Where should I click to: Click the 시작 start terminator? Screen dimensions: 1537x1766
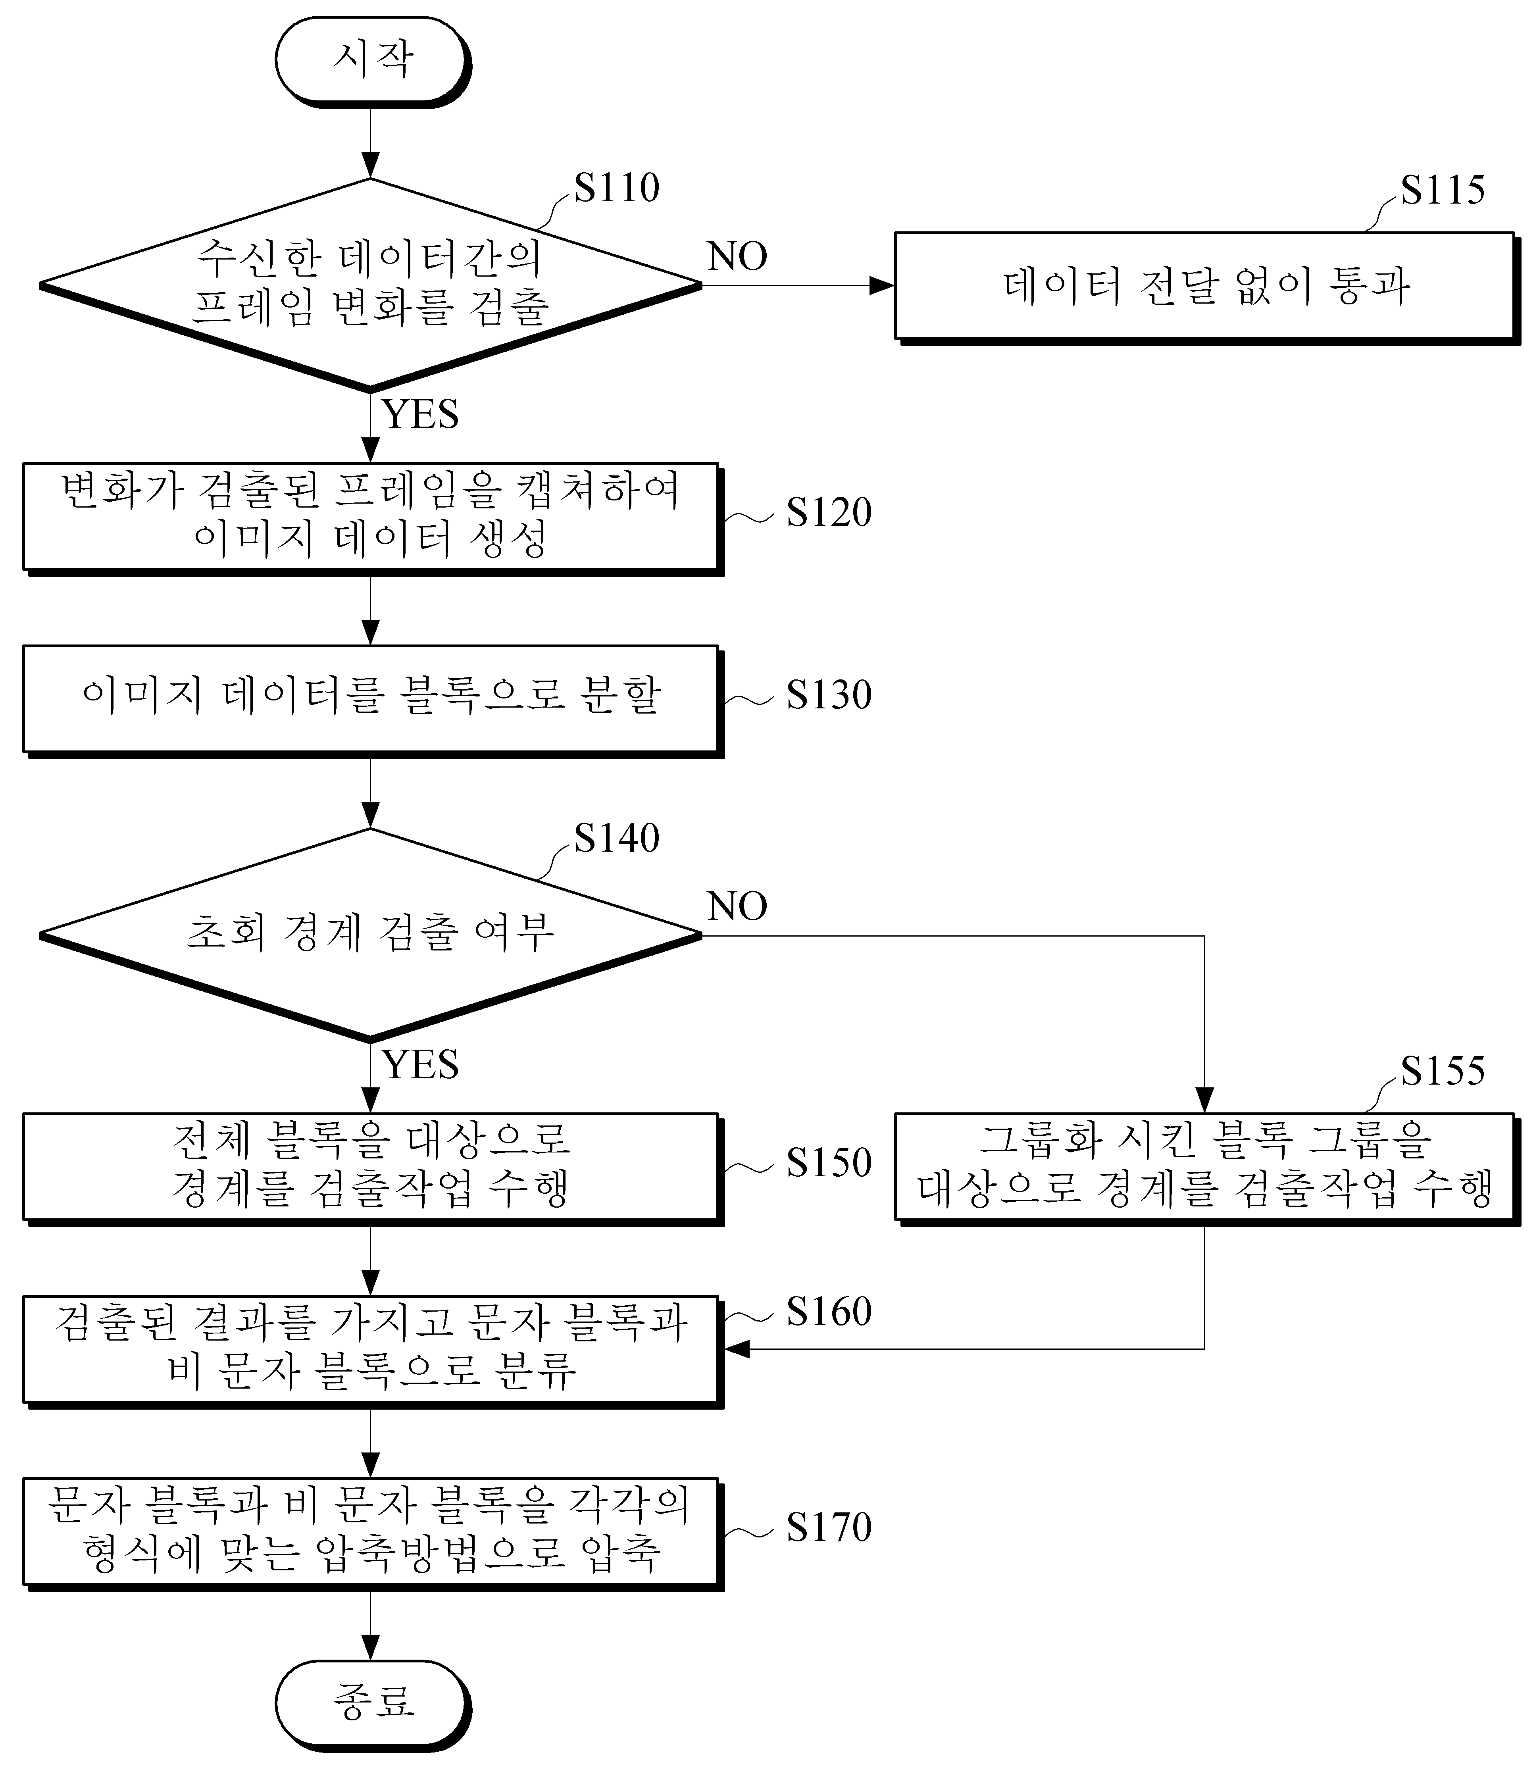[373, 62]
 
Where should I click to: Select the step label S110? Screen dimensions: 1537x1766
[617, 187]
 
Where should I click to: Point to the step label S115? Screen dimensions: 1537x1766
[1443, 190]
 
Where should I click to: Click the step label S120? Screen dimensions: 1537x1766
[829, 512]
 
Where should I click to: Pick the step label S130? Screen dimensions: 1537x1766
[829, 695]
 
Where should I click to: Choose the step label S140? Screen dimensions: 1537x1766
[617, 837]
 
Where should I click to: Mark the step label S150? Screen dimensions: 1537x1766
[829, 1162]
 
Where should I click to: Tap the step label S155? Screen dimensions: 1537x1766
[1443, 1070]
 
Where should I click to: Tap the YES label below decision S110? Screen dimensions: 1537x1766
[420, 414]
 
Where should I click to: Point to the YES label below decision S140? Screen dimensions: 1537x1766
[420, 1064]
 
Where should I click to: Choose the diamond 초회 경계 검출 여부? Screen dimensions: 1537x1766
[371, 935]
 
